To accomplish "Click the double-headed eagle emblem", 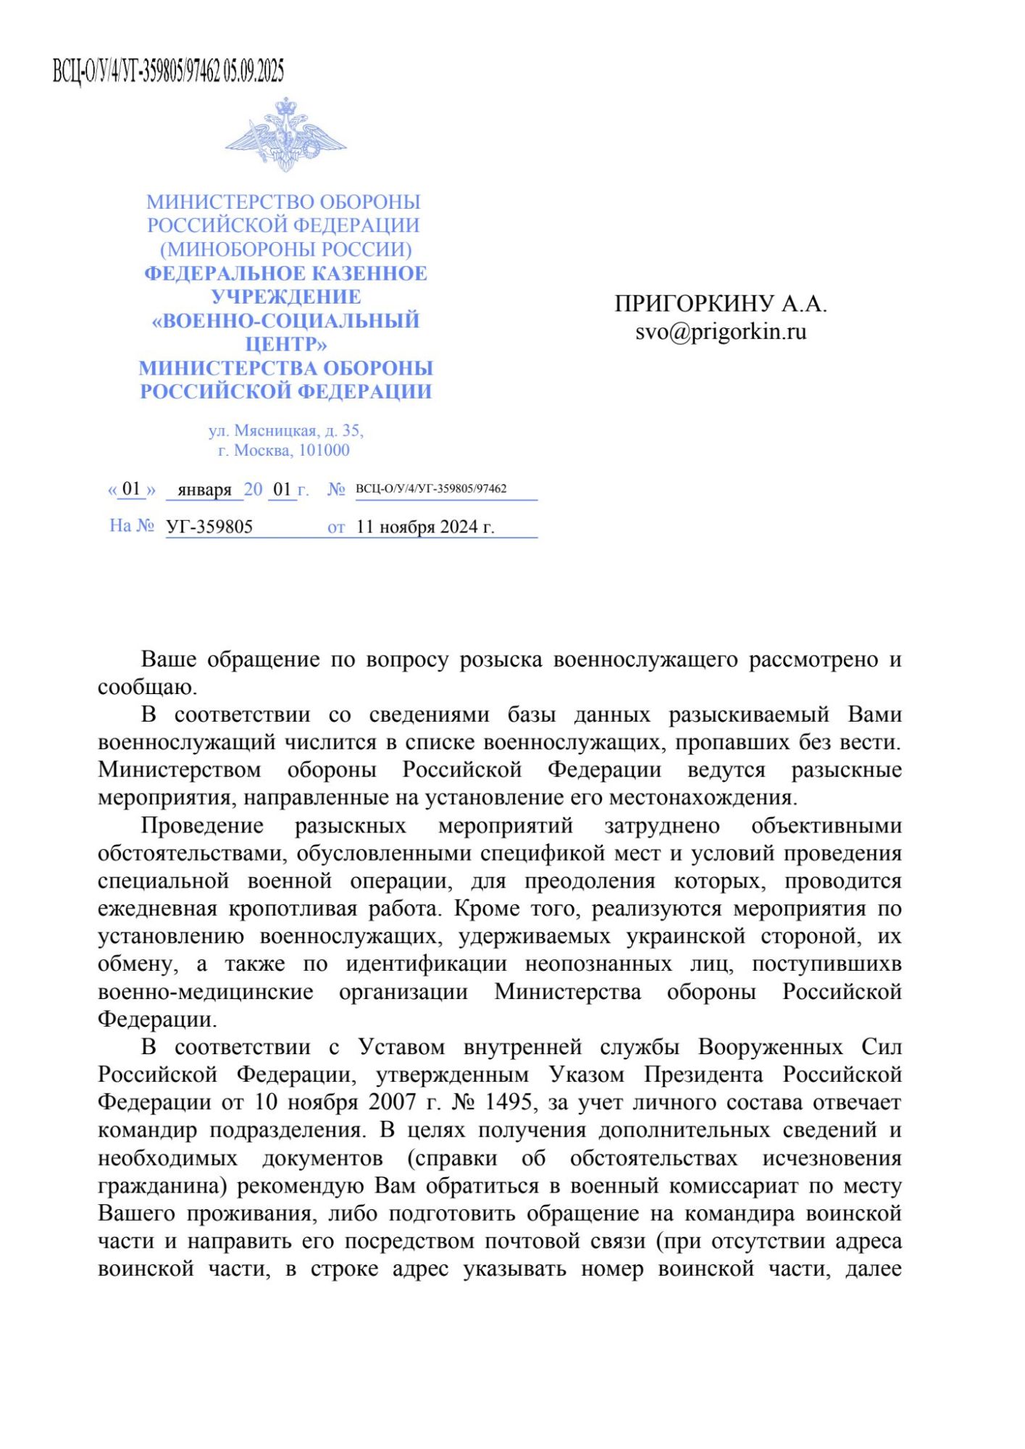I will coord(285,135).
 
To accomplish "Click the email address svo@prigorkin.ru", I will coord(721,332).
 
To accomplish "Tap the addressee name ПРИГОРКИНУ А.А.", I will coord(721,304).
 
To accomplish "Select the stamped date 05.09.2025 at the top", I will coord(254,71).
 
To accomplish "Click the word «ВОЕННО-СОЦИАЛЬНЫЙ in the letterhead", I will coord(285,320).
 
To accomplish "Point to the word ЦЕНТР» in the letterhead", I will coord(285,344).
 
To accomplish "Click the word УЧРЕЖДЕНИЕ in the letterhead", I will coord(285,297).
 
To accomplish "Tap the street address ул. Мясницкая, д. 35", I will coord(285,430).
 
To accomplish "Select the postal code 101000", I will coord(324,451).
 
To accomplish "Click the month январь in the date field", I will coord(204,490).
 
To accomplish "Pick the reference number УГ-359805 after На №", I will coord(209,527).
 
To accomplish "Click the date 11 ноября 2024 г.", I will coord(424,527).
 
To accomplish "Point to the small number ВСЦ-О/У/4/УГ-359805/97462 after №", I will coord(431,488).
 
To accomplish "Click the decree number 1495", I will coord(509,1102).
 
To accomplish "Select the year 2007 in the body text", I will coord(393,1102).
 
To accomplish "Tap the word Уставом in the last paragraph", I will coord(401,1047).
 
